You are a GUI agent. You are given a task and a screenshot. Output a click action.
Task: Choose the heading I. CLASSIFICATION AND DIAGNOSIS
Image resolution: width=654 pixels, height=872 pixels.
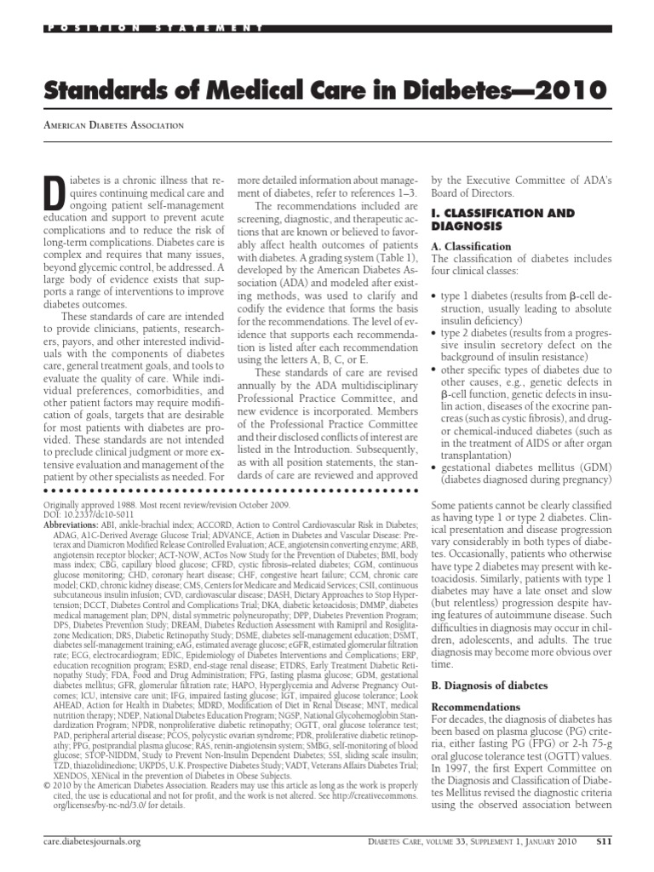coord(502,221)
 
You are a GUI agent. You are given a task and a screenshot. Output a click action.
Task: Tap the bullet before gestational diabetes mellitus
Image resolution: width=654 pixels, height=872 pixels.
coord(435,468)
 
